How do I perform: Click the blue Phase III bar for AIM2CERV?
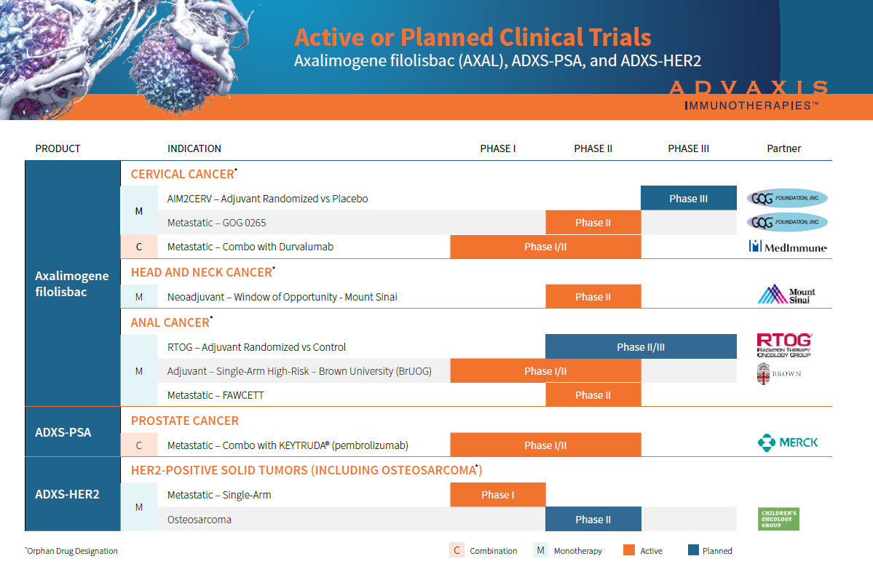click(x=688, y=199)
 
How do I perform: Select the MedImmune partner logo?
click(x=788, y=247)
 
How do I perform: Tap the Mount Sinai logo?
click(x=786, y=295)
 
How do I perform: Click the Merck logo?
click(x=787, y=442)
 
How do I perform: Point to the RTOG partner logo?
click(x=784, y=345)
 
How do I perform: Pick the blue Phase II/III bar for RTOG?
click(x=641, y=347)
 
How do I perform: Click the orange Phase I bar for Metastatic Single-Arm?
click(x=497, y=495)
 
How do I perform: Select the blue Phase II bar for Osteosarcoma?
click(x=593, y=520)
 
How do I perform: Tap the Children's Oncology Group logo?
click(x=778, y=519)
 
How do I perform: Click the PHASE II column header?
click(x=593, y=148)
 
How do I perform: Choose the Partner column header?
click(x=783, y=148)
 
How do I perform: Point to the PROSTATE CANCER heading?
click(x=185, y=421)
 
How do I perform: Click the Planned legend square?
click(x=693, y=550)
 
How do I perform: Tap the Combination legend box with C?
click(x=457, y=550)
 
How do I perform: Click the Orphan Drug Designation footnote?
click(x=71, y=551)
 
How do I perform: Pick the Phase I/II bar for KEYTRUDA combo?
click(x=545, y=445)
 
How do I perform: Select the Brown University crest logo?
click(x=764, y=373)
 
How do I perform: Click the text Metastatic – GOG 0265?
click(x=216, y=223)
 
